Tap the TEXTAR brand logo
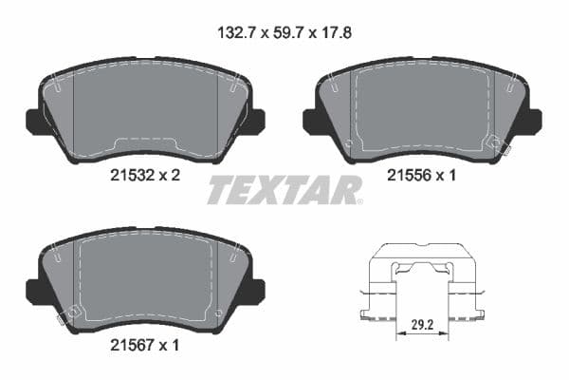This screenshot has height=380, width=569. pyautogui.click(x=284, y=190)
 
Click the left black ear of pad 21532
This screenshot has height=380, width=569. pyautogui.click(x=34, y=121)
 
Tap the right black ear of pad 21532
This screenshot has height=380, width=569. pyautogui.click(x=254, y=121)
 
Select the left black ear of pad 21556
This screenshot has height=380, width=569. pyautogui.click(x=310, y=121)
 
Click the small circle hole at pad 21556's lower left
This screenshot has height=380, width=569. pyautogui.click(x=349, y=145)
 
